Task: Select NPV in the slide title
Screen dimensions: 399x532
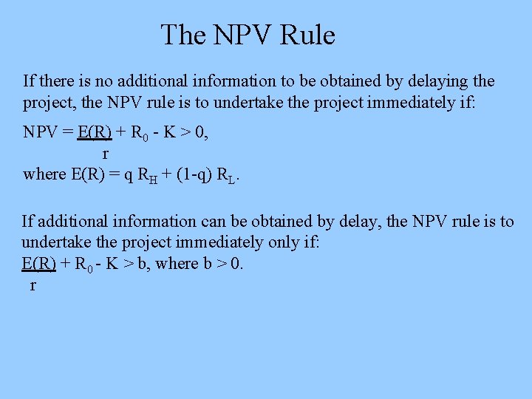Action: click(x=236, y=35)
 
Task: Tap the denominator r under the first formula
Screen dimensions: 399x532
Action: click(x=105, y=154)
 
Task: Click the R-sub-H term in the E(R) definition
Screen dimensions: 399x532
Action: click(x=147, y=176)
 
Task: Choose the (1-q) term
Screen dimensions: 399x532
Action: click(x=187, y=175)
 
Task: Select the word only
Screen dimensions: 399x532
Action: click(x=274, y=242)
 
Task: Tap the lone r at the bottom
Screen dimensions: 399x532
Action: click(x=33, y=285)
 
